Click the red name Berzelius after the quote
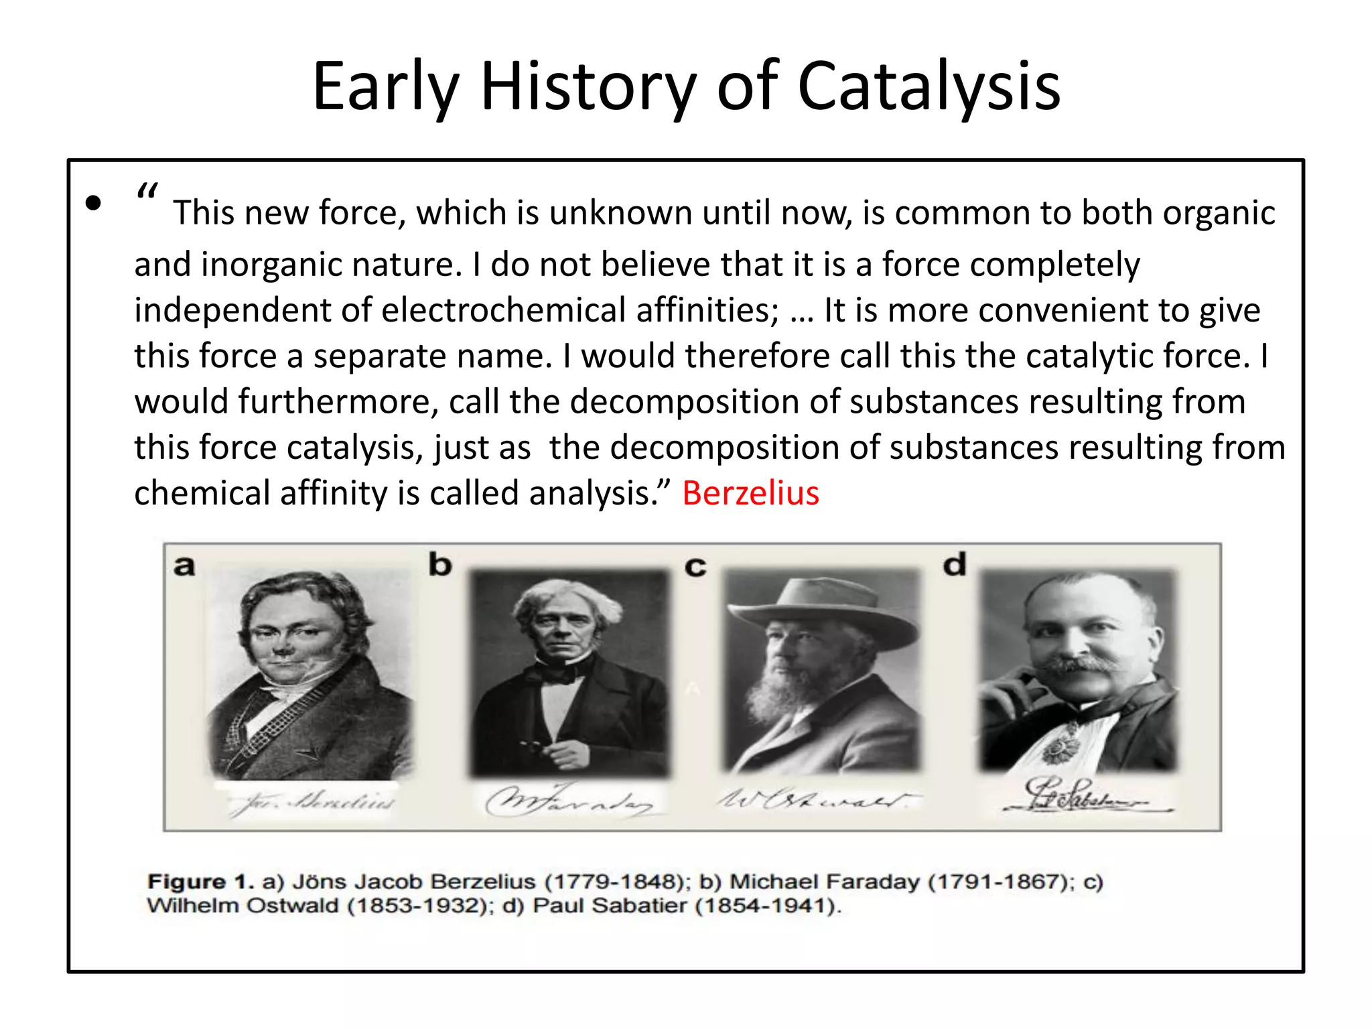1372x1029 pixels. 750,494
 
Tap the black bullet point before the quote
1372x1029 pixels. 94,203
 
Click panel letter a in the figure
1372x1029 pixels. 184,567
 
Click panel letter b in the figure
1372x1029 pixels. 440,565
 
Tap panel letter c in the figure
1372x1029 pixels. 695,567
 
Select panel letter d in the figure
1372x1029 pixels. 955,565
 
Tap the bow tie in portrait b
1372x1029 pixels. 559,672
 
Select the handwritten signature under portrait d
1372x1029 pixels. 1079,797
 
